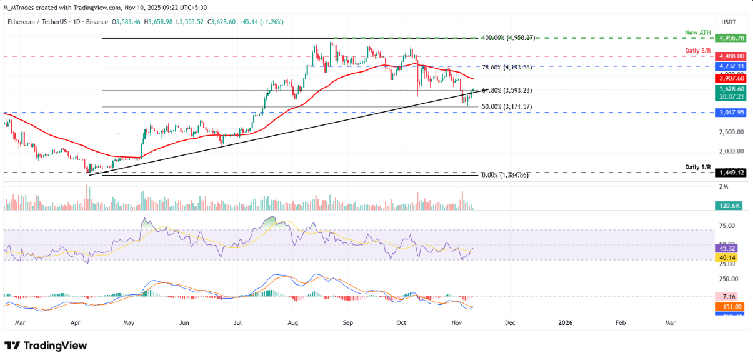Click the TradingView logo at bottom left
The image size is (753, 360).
(x=46, y=346)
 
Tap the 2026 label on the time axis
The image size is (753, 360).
(x=564, y=322)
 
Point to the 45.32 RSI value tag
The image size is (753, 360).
(x=728, y=248)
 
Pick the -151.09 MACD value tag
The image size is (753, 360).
(x=728, y=307)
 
